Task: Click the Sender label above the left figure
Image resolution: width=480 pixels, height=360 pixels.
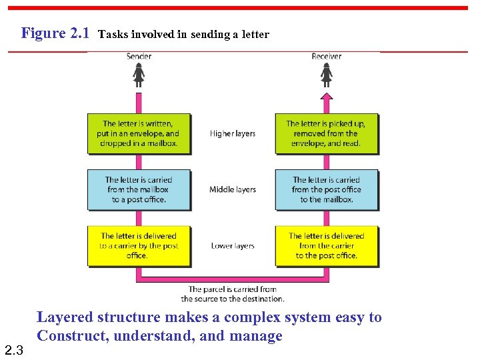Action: [139, 56]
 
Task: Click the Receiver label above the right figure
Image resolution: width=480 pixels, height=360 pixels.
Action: [326, 56]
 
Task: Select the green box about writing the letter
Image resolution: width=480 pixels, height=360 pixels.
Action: [139, 134]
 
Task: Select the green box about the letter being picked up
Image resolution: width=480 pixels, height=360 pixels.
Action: [327, 134]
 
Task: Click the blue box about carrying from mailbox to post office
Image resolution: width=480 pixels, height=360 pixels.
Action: [139, 190]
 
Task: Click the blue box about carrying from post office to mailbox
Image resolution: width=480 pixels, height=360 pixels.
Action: [327, 190]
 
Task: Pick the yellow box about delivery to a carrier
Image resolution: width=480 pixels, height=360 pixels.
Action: [139, 246]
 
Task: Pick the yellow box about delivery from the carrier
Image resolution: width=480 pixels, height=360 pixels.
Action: [327, 246]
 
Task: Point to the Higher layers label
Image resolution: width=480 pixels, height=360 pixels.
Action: [233, 134]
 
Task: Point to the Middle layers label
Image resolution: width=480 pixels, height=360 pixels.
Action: [233, 190]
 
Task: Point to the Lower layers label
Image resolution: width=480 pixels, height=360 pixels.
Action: [233, 246]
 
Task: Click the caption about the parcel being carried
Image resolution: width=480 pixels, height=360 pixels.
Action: [233, 294]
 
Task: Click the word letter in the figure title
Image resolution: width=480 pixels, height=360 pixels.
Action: [256, 35]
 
